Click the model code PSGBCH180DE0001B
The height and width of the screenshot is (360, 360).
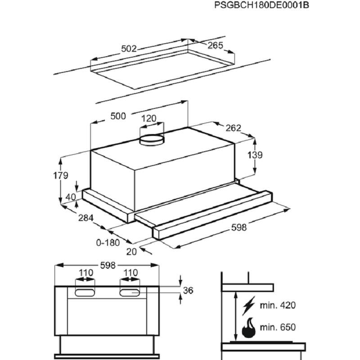pyautogui.click(x=261, y=5)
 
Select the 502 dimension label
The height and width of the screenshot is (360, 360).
pyautogui.click(x=129, y=49)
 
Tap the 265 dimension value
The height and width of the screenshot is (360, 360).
pyautogui.click(x=215, y=45)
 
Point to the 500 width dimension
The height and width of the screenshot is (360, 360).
pyautogui.click(x=118, y=116)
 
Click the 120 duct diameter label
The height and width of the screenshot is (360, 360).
pyautogui.click(x=148, y=118)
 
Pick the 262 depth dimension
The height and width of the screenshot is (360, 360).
pyautogui.click(x=233, y=128)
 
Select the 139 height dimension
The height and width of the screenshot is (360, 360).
pyautogui.click(x=255, y=155)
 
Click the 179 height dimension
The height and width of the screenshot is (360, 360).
pyautogui.click(x=61, y=175)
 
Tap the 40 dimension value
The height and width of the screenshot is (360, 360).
pyautogui.click(x=71, y=197)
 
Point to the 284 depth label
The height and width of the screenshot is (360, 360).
pyautogui.click(x=86, y=218)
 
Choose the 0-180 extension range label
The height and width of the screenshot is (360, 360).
pyautogui.click(x=108, y=243)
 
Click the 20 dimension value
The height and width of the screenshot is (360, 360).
pyautogui.click(x=131, y=252)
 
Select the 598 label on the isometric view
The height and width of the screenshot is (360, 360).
pyautogui.click(x=239, y=228)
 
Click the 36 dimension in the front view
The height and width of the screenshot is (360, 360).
pyautogui.click(x=188, y=290)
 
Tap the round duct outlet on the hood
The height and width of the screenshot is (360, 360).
pyautogui.click(x=152, y=140)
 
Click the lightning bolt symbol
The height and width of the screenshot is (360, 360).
pyautogui.click(x=249, y=306)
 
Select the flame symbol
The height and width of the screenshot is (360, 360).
pyautogui.click(x=249, y=328)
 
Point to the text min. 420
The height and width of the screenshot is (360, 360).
pyautogui.click(x=278, y=306)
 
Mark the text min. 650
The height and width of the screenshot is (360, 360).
pyautogui.click(x=278, y=327)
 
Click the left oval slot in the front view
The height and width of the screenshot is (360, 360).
pyautogui.click(x=85, y=293)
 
